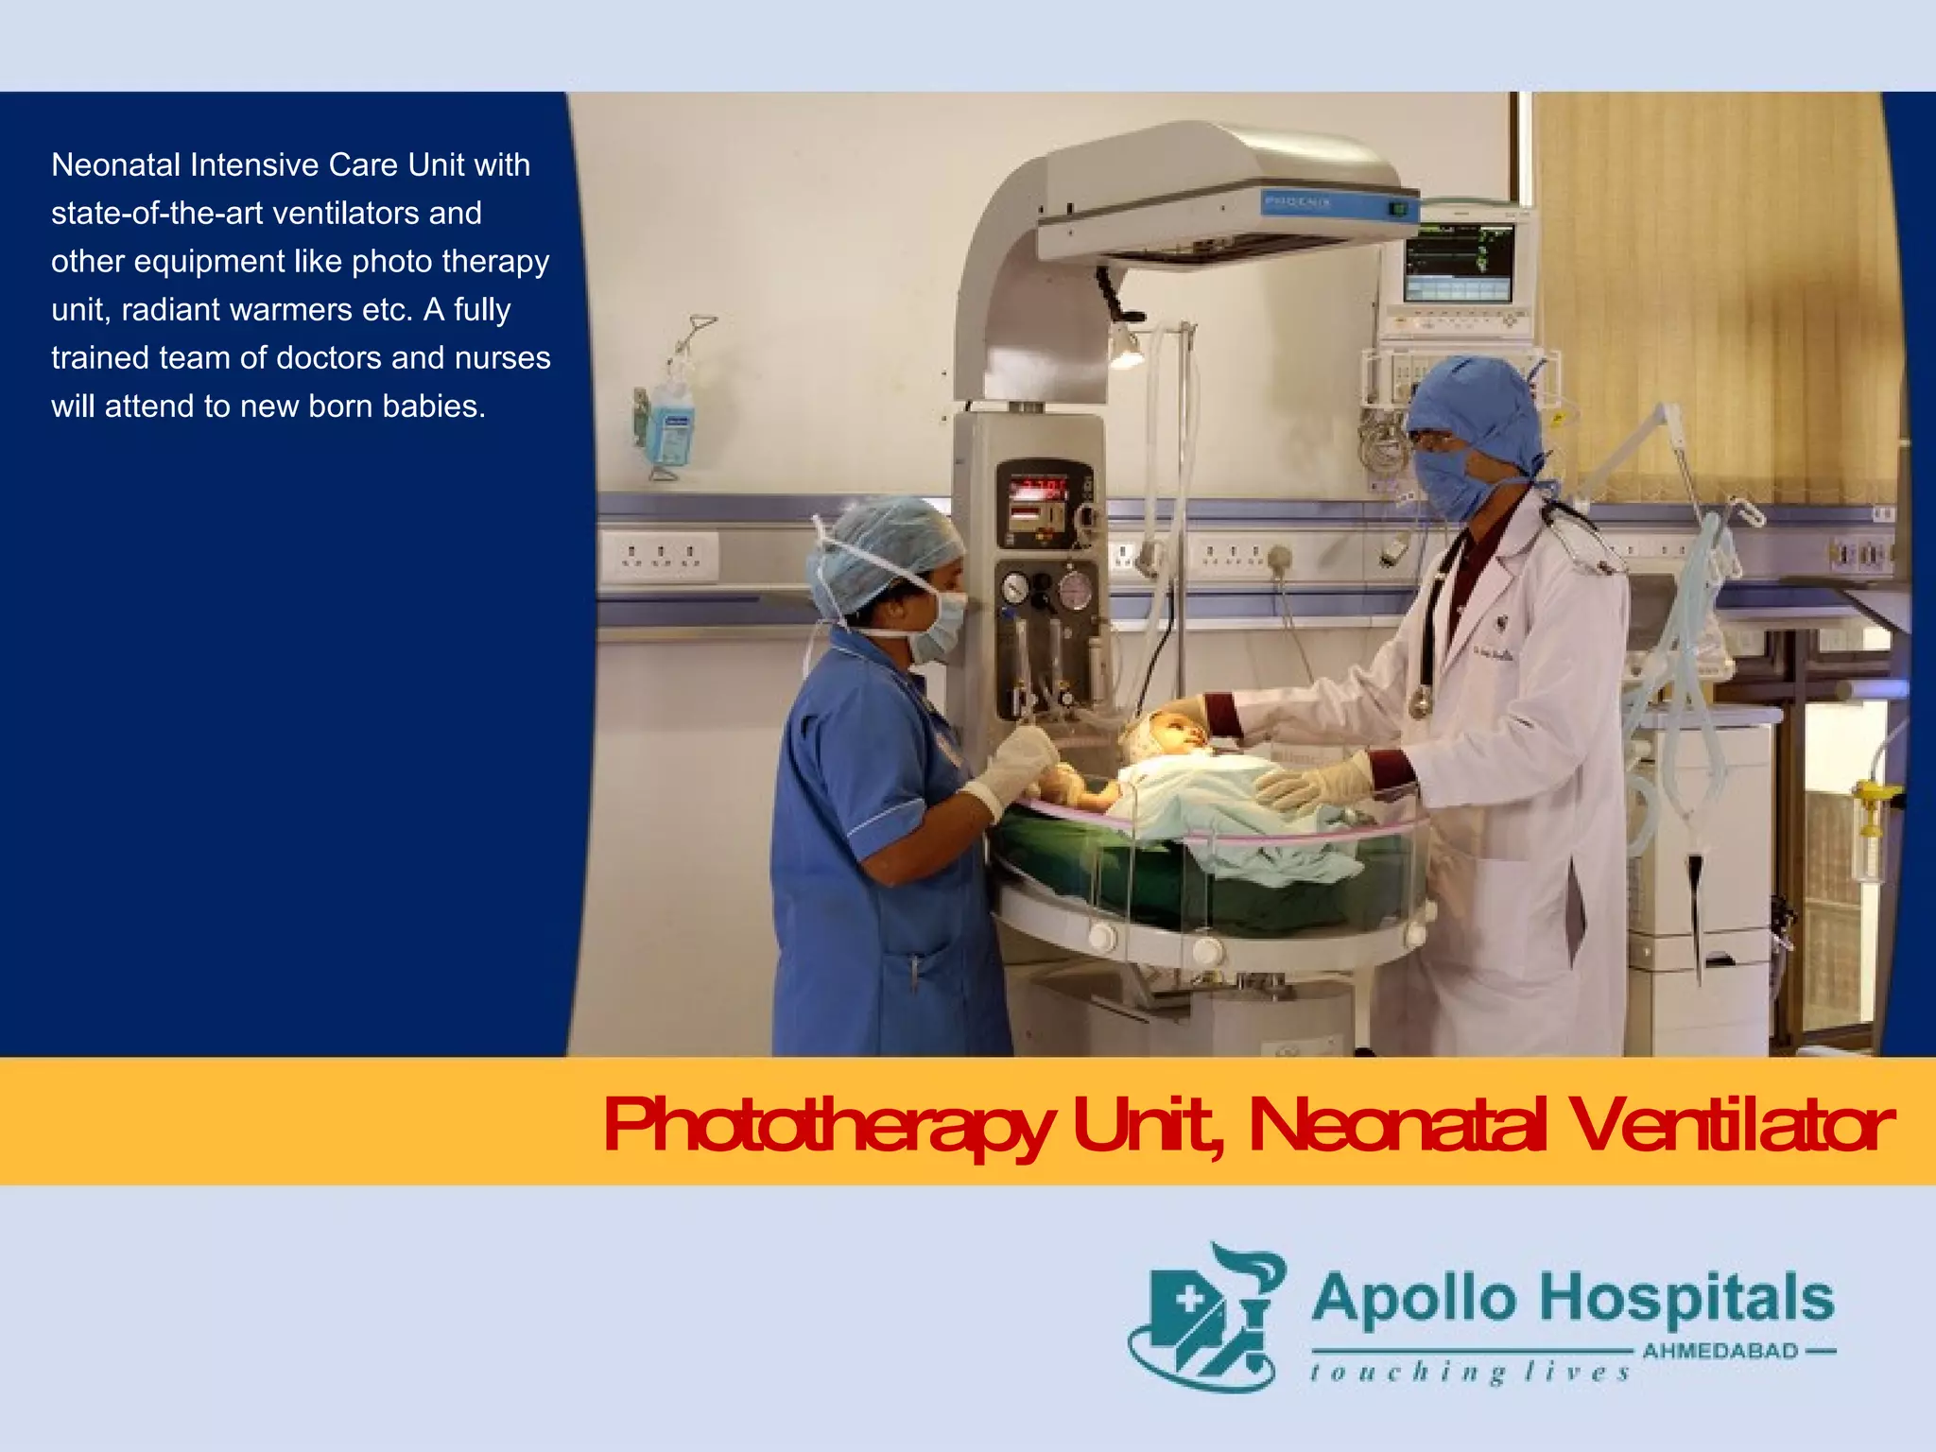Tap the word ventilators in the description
[346, 214]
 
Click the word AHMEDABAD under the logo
[1720, 1351]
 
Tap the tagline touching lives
[1470, 1372]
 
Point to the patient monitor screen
[1459, 263]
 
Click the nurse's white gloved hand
[1016, 766]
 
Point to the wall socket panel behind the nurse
[661, 556]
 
